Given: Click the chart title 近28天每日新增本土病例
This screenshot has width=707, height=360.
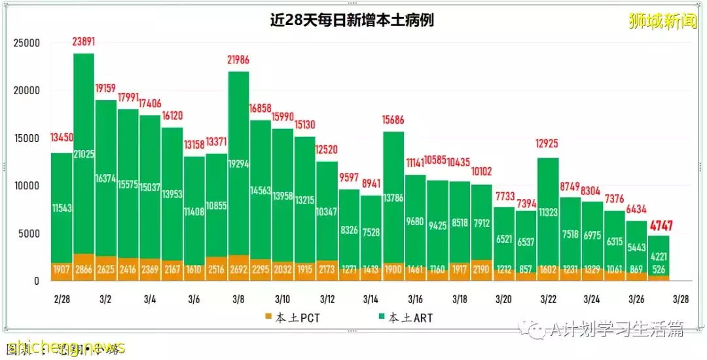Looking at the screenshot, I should click(x=352, y=20).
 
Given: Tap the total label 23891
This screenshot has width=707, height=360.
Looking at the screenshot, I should click(x=84, y=43).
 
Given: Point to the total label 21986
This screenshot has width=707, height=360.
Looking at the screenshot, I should click(x=238, y=60).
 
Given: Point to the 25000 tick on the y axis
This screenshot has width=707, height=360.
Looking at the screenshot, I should click(x=27, y=43).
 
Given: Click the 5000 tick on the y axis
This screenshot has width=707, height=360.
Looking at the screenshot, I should click(x=29, y=234).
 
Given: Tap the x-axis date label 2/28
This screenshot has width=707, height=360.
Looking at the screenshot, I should click(x=62, y=299).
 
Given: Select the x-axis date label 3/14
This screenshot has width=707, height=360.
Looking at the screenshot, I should click(x=372, y=299).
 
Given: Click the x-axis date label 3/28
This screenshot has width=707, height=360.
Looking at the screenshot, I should click(x=681, y=299).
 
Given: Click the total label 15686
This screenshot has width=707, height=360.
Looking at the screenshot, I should click(x=393, y=120).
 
